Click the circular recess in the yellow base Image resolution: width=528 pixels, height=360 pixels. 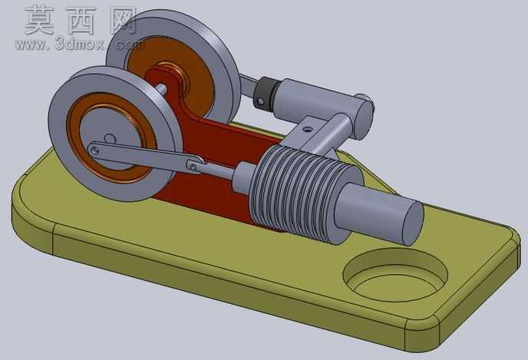click(x=395, y=275)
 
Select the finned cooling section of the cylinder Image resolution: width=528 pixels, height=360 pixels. click(x=303, y=193)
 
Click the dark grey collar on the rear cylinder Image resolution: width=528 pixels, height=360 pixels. click(x=268, y=94)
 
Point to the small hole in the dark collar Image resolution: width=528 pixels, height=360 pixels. click(x=261, y=101)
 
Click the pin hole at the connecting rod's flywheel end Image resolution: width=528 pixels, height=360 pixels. click(x=95, y=150)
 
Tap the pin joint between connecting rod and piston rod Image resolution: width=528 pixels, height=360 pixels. click(x=193, y=167)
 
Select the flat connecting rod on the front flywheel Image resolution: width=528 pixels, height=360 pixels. click(x=146, y=157)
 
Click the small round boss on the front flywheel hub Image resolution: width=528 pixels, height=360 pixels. click(x=110, y=138)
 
